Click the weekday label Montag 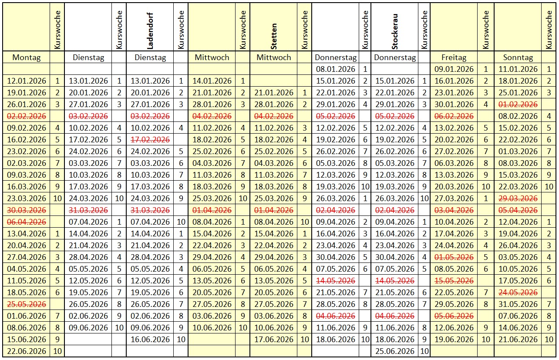coord(27,57)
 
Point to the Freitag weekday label coord(454,57)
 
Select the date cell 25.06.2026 coord(394,351)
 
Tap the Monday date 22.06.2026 coord(26,351)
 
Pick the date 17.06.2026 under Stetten coord(274,339)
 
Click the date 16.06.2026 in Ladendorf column coord(150,339)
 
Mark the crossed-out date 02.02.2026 coord(26,116)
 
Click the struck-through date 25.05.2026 coord(26,304)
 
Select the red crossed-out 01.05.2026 coord(454,257)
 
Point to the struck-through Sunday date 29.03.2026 coord(518,198)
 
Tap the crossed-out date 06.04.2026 coord(26,222)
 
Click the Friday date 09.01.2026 coord(454,69)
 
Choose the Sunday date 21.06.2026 coord(518,339)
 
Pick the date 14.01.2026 coord(212,81)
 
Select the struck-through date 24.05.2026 coord(518,292)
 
